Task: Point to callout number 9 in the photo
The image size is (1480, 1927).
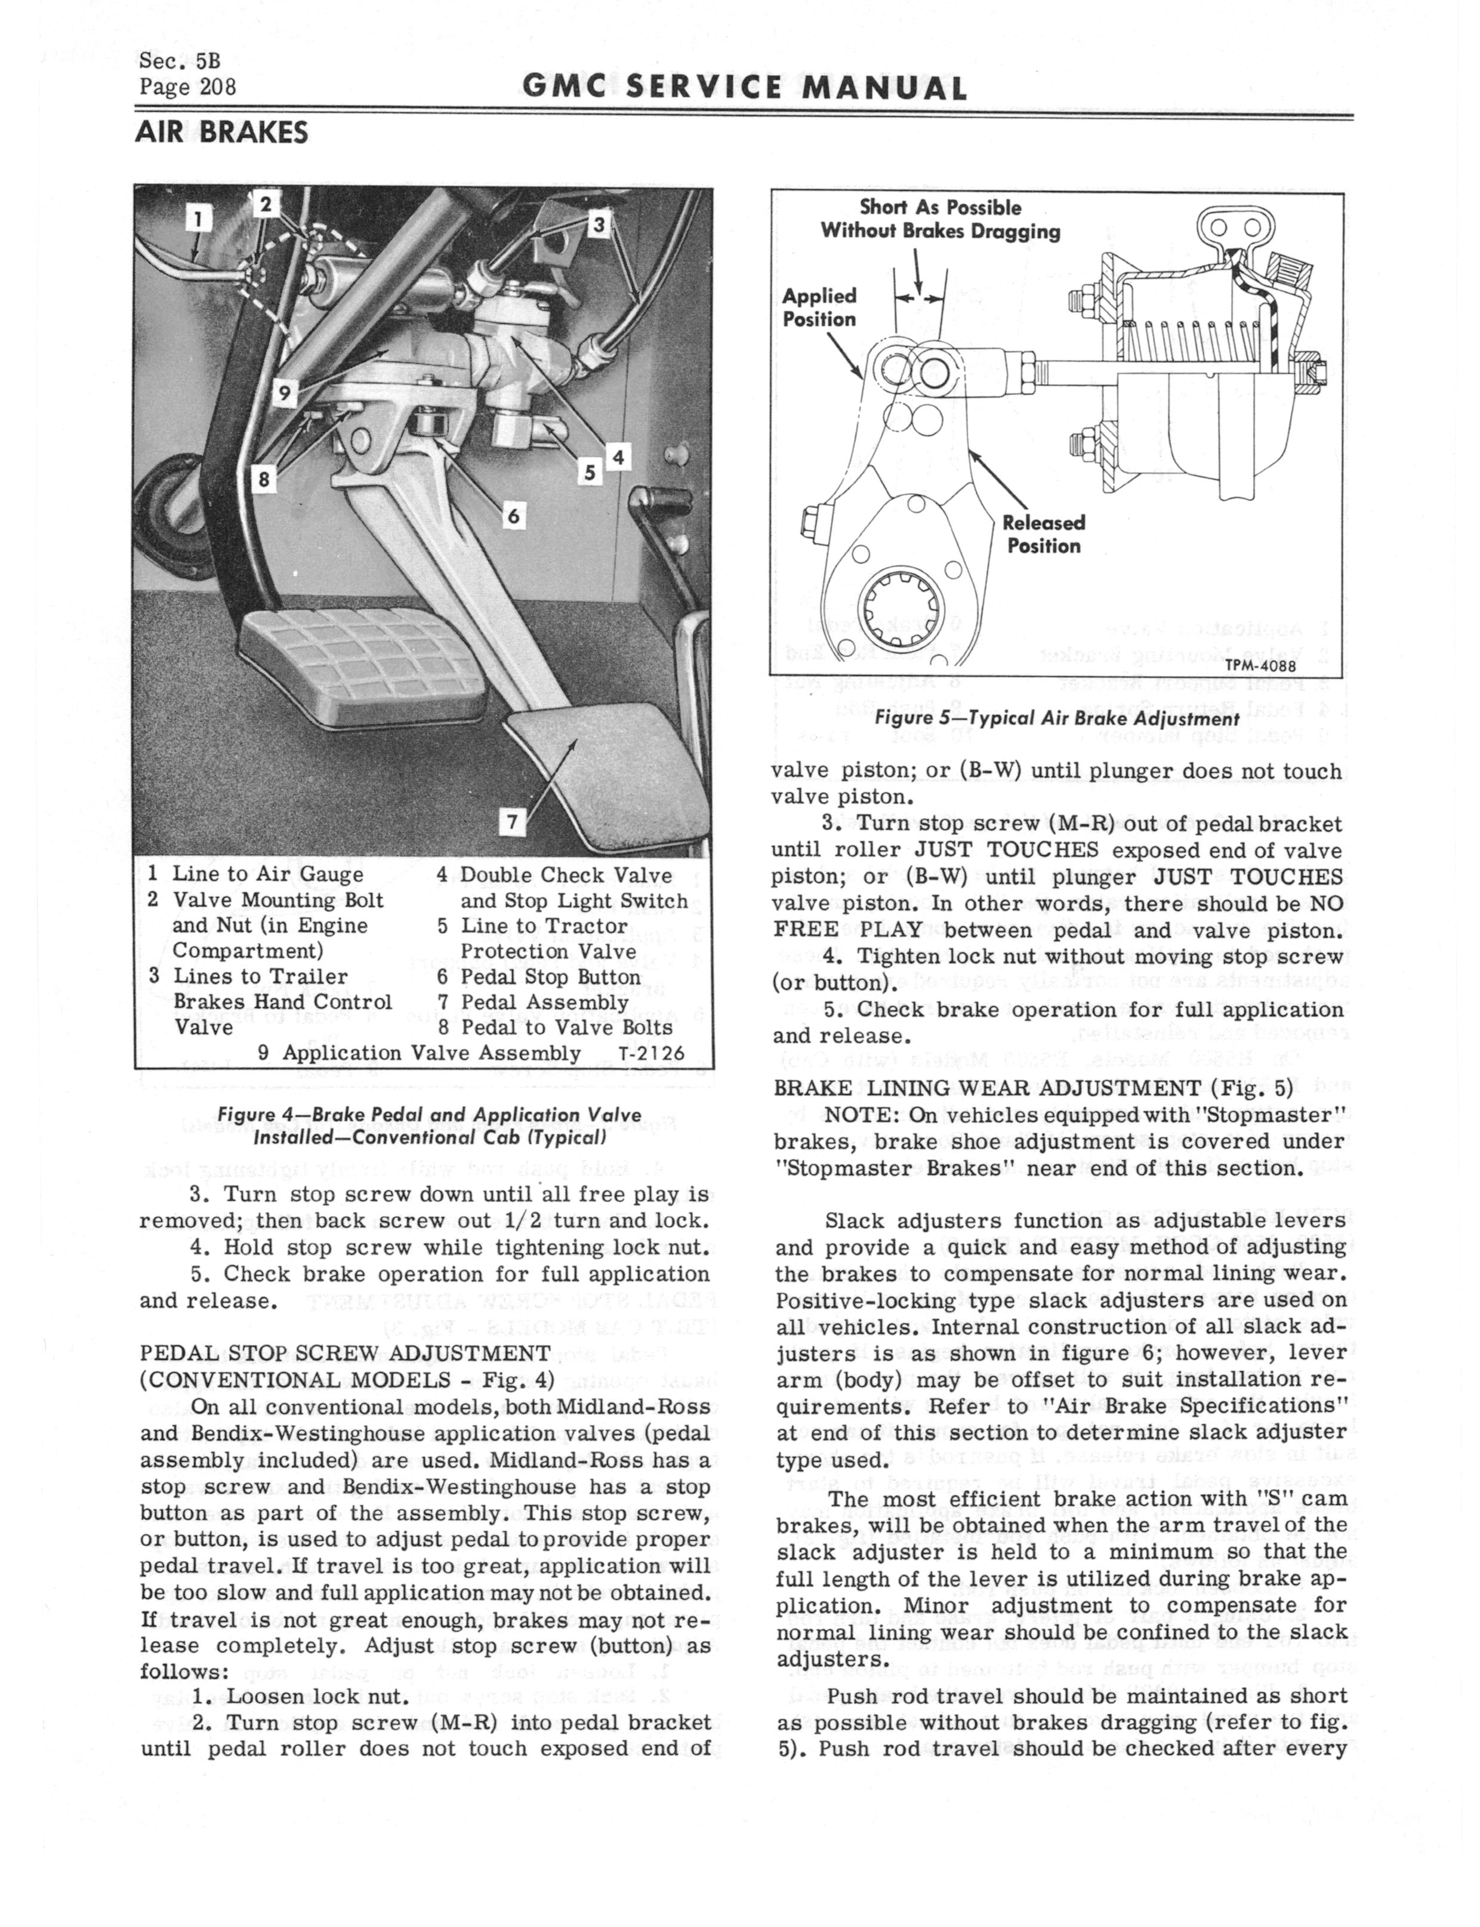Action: coord(283,394)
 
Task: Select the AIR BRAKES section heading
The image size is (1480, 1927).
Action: coord(221,133)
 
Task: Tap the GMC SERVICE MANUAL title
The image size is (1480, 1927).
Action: coord(744,88)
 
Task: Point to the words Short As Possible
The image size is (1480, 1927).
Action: coord(940,208)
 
